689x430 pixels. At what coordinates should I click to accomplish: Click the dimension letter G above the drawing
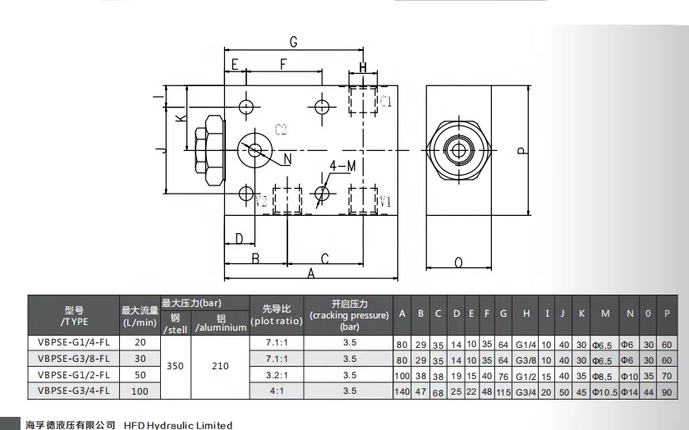(293, 42)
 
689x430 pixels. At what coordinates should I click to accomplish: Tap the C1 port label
(385, 102)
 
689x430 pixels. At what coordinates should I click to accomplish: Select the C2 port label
(281, 130)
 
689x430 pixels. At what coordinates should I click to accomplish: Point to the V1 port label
(384, 201)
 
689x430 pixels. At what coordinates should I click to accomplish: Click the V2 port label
(261, 201)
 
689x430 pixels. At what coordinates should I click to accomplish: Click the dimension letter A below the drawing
(312, 275)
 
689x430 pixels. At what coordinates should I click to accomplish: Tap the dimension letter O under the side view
(458, 263)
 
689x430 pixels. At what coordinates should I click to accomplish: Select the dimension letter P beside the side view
(520, 151)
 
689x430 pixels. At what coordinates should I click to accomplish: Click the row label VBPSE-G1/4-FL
(74, 344)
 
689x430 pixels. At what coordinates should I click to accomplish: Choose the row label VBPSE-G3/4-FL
(74, 391)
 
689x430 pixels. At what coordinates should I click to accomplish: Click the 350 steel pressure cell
(175, 367)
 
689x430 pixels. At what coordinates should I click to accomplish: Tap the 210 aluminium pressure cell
(220, 367)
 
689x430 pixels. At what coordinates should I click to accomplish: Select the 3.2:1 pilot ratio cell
(278, 375)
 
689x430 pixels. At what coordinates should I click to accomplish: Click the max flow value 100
(140, 391)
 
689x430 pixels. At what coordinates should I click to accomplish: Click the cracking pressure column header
(349, 315)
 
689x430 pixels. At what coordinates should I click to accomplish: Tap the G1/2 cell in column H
(526, 376)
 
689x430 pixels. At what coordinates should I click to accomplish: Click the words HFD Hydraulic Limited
(178, 425)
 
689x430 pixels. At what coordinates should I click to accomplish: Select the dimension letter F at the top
(284, 64)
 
